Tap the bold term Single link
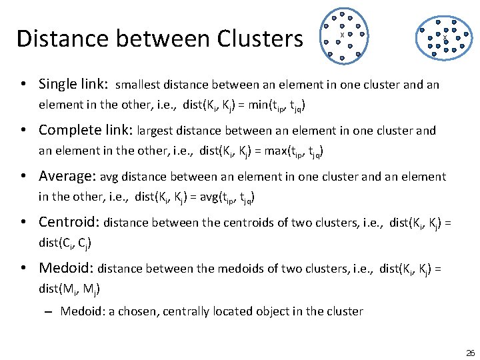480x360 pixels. pos(72,84)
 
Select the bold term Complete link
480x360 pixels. pos(85,131)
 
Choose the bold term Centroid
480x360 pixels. pos(68,222)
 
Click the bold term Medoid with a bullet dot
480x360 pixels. pos(65,268)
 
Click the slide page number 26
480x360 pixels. pos(470,352)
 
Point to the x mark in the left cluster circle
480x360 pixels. pos(342,35)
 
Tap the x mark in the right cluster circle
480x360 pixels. pos(445,38)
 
